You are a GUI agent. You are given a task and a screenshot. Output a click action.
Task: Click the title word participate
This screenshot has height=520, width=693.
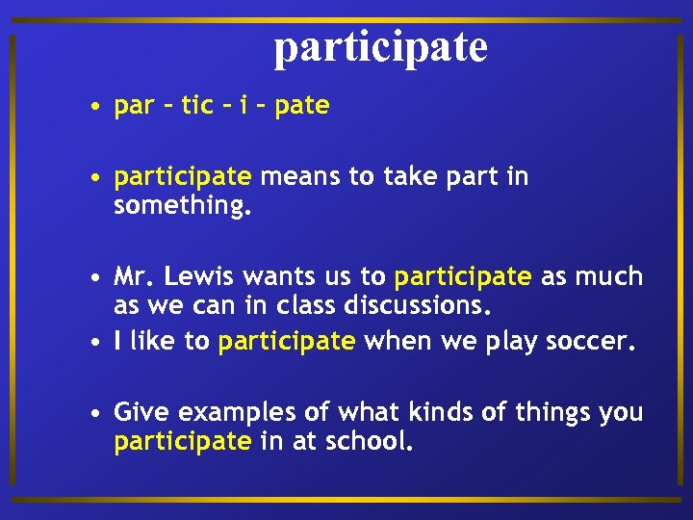pyautogui.click(x=380, y=46)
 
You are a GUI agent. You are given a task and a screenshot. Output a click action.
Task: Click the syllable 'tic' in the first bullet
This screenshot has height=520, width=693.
pyautogui.click(x=196, y=106)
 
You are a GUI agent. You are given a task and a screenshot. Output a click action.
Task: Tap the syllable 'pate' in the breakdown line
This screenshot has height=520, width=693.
pyautogui.click(x=301, y=106)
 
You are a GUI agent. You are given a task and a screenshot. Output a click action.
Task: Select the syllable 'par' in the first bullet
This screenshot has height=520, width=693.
pyautogui.click(x=135, y=106)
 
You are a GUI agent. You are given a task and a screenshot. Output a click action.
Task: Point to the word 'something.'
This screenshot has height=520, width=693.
pyautogui.click(x=182, y=206)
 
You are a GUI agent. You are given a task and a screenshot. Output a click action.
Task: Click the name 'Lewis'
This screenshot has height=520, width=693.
pyautogui.click(x=200, y=277)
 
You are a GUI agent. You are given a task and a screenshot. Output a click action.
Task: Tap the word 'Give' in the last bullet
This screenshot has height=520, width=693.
pyautogui.click(x=142, y=413)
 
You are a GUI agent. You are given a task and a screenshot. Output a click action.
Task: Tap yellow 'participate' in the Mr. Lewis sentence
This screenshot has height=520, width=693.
pyautogui.click(x=462, y=278)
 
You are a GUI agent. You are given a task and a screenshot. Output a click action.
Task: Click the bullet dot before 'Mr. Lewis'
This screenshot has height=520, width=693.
pyautogui.click(x=97, y=278)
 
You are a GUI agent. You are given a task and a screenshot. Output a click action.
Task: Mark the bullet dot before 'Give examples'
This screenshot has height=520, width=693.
pyautogui.click(x=97, y=414)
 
